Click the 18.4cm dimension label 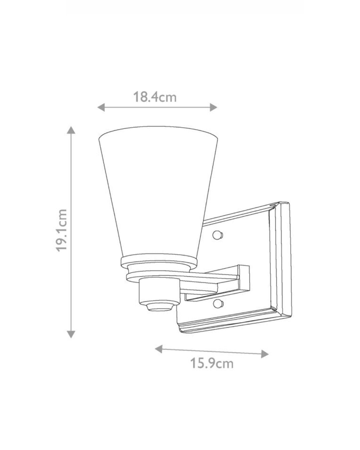(x=155, y=97)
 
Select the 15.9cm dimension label (x=211, y=363)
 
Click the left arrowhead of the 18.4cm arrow (x=101, y=107)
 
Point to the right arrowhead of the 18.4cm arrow (x=214, y=107)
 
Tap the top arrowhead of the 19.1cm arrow (x=71, y=130)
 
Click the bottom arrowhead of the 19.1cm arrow (x=71, y=334)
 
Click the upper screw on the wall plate (x=217, y=235)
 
